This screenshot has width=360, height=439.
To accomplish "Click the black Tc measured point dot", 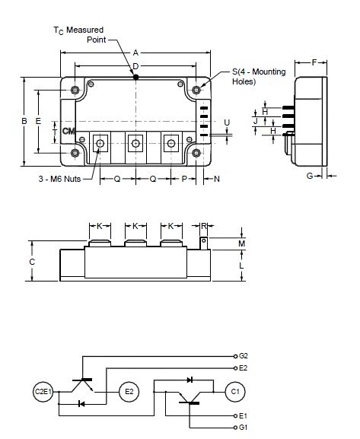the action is pyautogui.click(x=136, y=77).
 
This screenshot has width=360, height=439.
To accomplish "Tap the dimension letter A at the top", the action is pyautogui.click(x=135, y=52).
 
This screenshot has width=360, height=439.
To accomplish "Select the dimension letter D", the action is pyautogui.click(x=135, y=66).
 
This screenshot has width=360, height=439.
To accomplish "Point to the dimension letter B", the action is pyautogui.click(x=24, y=121).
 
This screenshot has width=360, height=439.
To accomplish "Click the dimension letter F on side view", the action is pyautogui.click(x=314, y=62).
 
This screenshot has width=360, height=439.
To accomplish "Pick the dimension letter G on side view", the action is pyautogui.click(x=310, y=176).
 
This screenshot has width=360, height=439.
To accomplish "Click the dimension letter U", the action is pyautogui.click(x=227, y=122).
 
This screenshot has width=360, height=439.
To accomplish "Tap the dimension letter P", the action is pyautogui.click(x=184, y=179).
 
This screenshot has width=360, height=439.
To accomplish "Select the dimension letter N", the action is pyautogui.click(x=217, y=179).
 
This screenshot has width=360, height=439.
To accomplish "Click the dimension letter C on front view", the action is pyautogui.click(x=32, y=262).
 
